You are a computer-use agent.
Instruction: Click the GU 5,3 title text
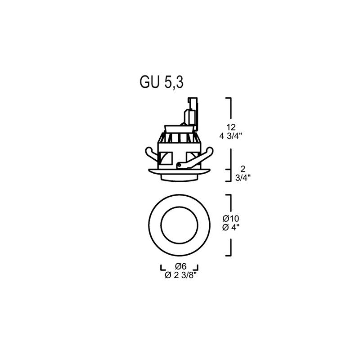click(x=162, y=82)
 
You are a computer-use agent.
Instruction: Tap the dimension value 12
click(x=231, y=127)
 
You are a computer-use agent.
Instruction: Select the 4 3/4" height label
click(x=231, y=136)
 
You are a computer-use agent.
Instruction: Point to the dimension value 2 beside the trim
click(x=243, y=169)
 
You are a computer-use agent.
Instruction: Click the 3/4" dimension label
click(x=243, y=178)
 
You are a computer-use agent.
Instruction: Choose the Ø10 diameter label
click(x=231, y=218)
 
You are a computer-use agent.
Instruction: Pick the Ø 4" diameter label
click(x=231, y=228)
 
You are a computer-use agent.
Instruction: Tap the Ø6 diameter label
click(x=181, y=266)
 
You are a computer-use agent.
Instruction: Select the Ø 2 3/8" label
click(x=181, y=275)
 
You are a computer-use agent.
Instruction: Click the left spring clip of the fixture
click(x=152, y=154)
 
